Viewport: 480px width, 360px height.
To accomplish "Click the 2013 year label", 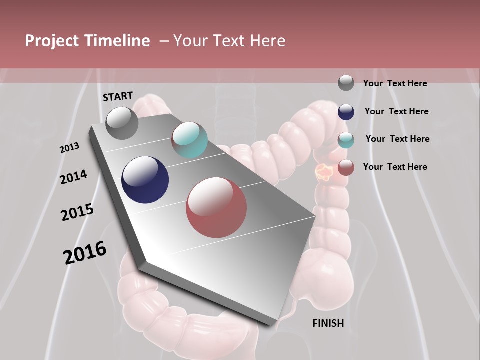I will (69, 148).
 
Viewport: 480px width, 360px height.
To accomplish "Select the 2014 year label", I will (73, 177).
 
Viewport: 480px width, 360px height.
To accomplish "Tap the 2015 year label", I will (77, 212).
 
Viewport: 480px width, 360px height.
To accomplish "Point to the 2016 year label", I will (85, 253).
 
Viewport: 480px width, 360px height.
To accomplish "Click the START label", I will (118, 96).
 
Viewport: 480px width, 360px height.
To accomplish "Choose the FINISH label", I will (328, 323).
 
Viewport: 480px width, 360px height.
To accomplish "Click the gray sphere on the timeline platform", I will (122, 123).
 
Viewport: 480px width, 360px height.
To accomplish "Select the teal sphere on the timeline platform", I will (189, 140).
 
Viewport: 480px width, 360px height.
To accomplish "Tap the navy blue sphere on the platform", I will (145, 180).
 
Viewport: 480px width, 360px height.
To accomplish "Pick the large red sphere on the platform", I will (216, 207).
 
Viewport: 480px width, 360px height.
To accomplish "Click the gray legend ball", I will (346, 83).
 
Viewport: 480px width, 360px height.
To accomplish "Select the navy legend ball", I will (346, 112).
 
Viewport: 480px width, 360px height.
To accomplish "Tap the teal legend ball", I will (346, 140).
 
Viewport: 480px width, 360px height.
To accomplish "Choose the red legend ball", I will (346, 167).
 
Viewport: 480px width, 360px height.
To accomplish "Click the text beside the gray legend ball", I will (395, 83).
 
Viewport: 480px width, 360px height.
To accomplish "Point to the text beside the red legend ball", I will (395, 167).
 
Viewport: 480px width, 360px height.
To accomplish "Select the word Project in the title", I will (51, 41).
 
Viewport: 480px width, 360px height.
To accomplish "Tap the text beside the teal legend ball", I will (397, 139).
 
